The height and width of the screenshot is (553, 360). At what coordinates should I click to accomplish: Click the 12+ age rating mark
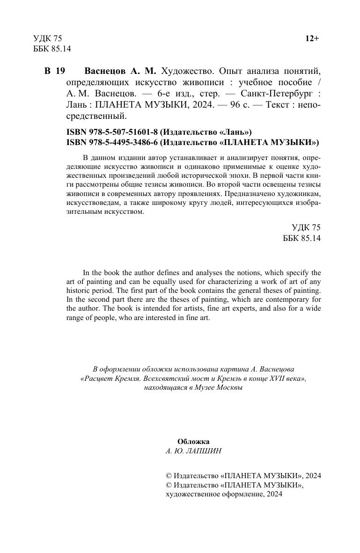[312, 38]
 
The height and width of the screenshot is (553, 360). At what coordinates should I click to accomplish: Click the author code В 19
[55, 71]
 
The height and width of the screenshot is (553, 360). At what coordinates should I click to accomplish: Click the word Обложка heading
[193, 441]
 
